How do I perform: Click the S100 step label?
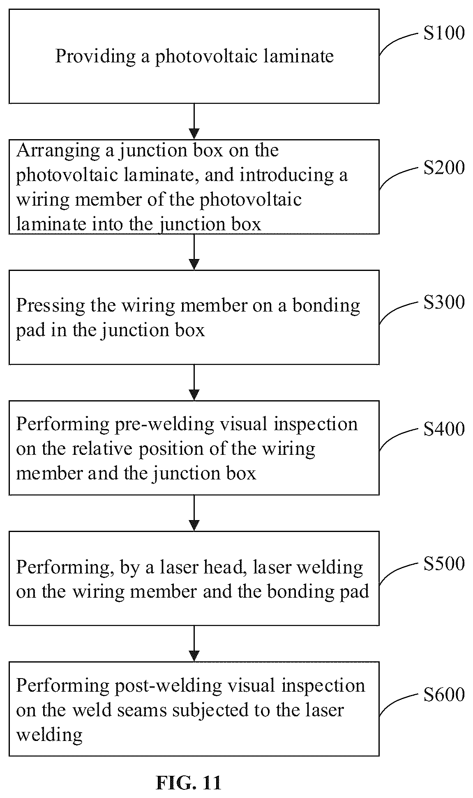444,33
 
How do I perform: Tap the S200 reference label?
444,167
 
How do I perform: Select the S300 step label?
444,302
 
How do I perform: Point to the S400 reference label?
444,429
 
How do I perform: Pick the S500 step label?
444,563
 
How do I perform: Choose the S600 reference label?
444,694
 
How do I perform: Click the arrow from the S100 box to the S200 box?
194,121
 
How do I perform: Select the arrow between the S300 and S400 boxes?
194,383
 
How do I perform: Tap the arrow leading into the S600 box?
194,644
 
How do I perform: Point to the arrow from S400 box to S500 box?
194,513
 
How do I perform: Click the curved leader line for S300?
398,312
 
